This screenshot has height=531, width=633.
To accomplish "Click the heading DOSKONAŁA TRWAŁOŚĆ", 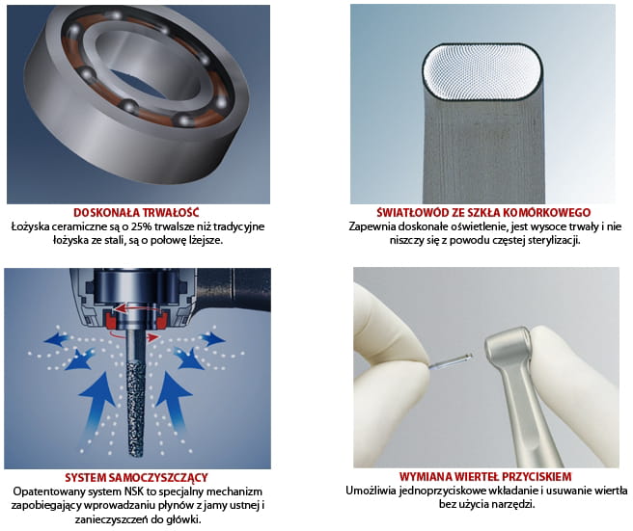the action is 136,212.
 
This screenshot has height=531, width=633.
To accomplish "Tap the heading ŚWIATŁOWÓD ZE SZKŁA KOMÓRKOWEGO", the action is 483,212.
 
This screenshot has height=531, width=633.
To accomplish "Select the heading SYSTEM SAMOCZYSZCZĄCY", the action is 136,478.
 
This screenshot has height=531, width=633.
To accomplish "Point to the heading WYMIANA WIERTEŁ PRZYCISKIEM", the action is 485,477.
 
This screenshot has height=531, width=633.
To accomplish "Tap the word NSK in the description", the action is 124,491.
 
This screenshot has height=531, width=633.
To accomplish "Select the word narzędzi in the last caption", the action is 515,504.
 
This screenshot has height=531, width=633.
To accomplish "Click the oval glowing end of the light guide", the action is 482,71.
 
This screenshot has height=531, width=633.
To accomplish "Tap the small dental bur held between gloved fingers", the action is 451,360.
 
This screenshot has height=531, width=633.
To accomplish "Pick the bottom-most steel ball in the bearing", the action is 183,120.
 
